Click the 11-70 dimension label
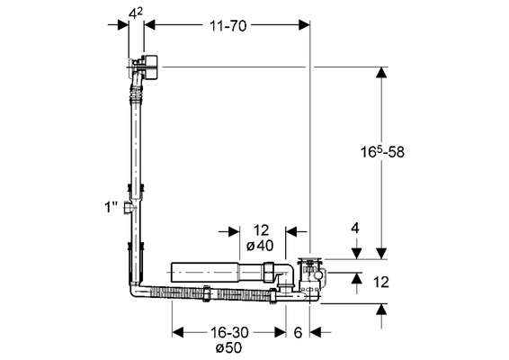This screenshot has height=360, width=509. pyautogui.click(x=228, y=26)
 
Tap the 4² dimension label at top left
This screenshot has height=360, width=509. pyautogui.click(x=136, y=13)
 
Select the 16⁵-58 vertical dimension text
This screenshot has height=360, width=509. pyautogui.click(x=383, y=151)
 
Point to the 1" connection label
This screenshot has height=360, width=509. pyautogui.click(x=111, y=207)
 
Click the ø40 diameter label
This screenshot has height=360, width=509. pyautogui.click(x=260, y=246)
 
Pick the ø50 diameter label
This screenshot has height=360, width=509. pyautogui.click(x=228, y=347)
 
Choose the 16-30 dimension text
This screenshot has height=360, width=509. pyautogui.click(x=229, y=332)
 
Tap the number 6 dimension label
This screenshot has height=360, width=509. pyautogui.click(x=298, y=332)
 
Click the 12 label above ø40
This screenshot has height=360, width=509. pyautogui.click(x=261, y=230)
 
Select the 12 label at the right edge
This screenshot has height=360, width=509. pyautogui.click(x=380, y=282)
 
